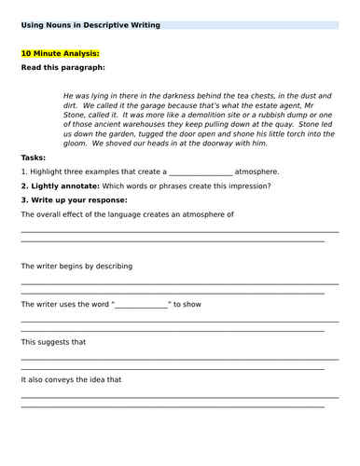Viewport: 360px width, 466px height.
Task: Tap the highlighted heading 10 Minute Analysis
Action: click(60, 54)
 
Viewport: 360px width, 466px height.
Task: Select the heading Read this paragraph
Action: click(62, 68)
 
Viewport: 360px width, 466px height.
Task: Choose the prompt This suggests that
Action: click(54, 342)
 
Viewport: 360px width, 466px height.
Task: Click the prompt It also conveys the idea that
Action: click(71, 379)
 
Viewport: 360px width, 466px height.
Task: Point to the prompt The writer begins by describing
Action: click(76, 267)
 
